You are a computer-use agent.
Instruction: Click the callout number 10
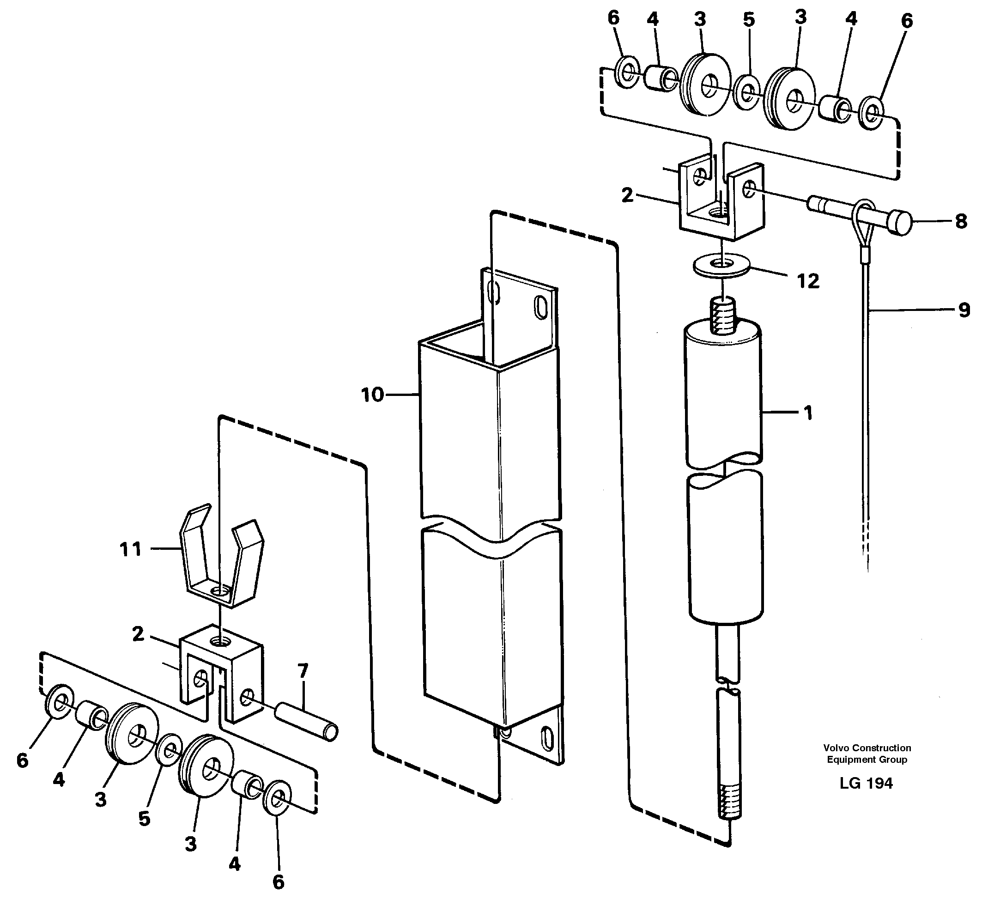(372, 395)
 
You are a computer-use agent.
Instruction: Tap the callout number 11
(131, 550)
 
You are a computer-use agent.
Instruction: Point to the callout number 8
(961, 222)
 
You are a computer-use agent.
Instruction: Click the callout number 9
(964, 310)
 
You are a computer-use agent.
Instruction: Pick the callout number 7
(303, 671)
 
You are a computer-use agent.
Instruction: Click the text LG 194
(867, 783)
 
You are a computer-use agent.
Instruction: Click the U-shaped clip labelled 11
(222, 560)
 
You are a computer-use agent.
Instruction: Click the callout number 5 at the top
(749, 20)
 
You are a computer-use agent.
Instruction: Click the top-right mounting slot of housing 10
(541, 306)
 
